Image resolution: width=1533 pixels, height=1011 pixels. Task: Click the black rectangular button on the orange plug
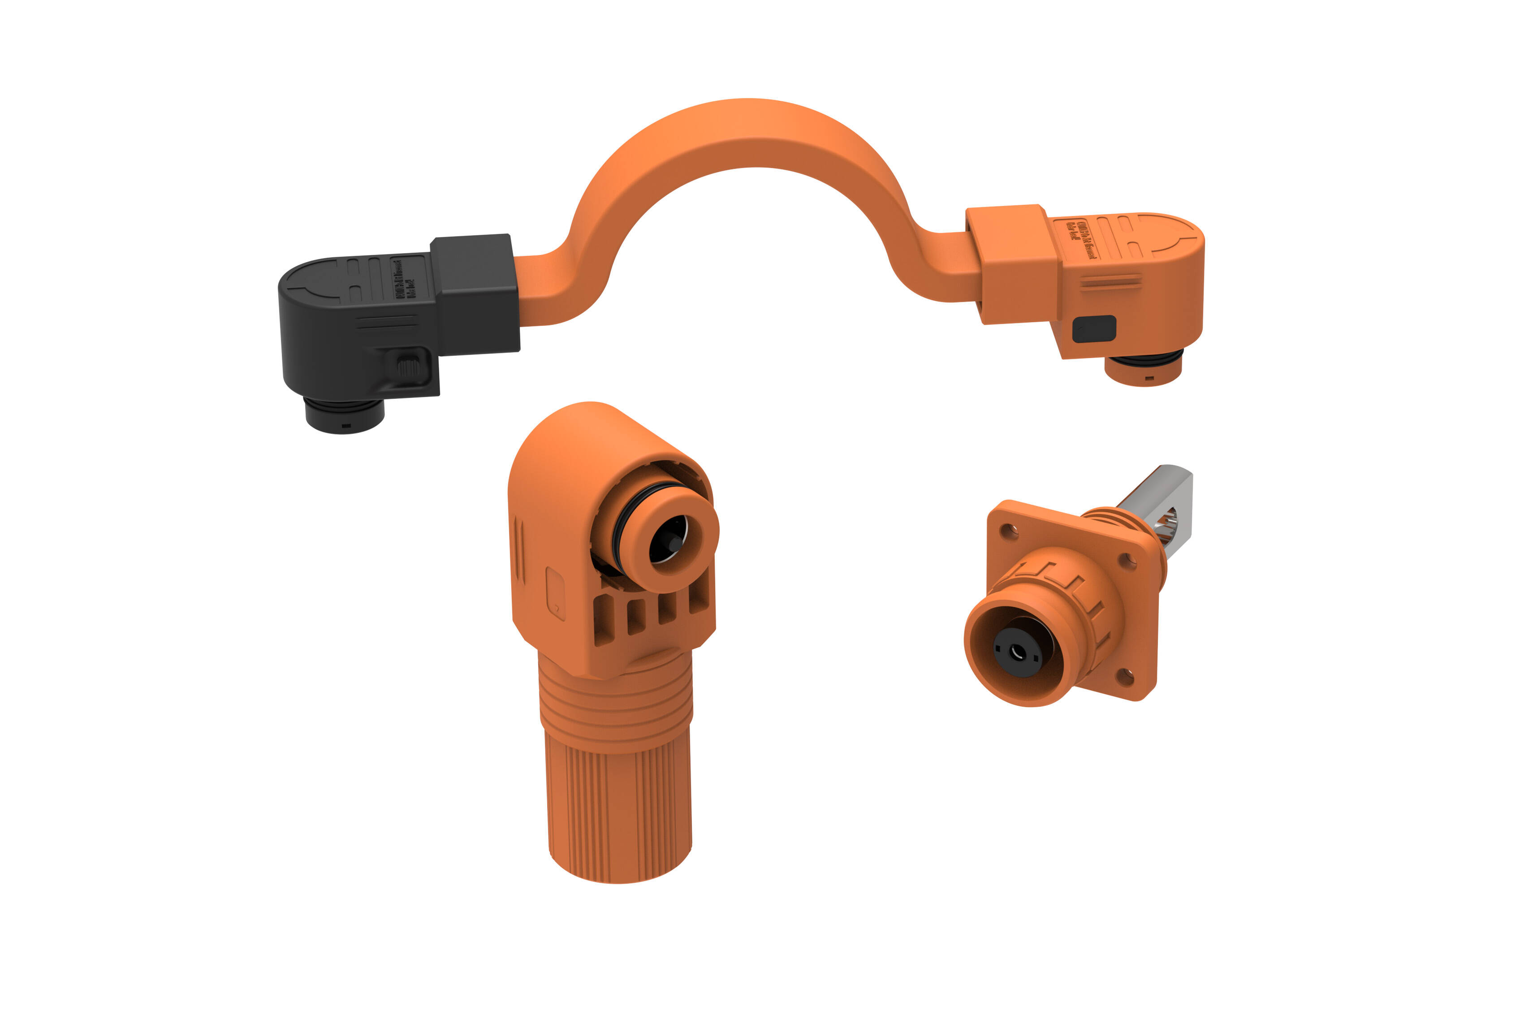point(1094,329)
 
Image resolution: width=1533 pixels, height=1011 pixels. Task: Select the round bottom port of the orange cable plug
point(1143,369)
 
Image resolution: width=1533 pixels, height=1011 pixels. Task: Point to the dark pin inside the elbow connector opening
point(670,544)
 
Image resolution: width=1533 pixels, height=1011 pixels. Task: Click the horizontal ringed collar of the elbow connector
point(616,709)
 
